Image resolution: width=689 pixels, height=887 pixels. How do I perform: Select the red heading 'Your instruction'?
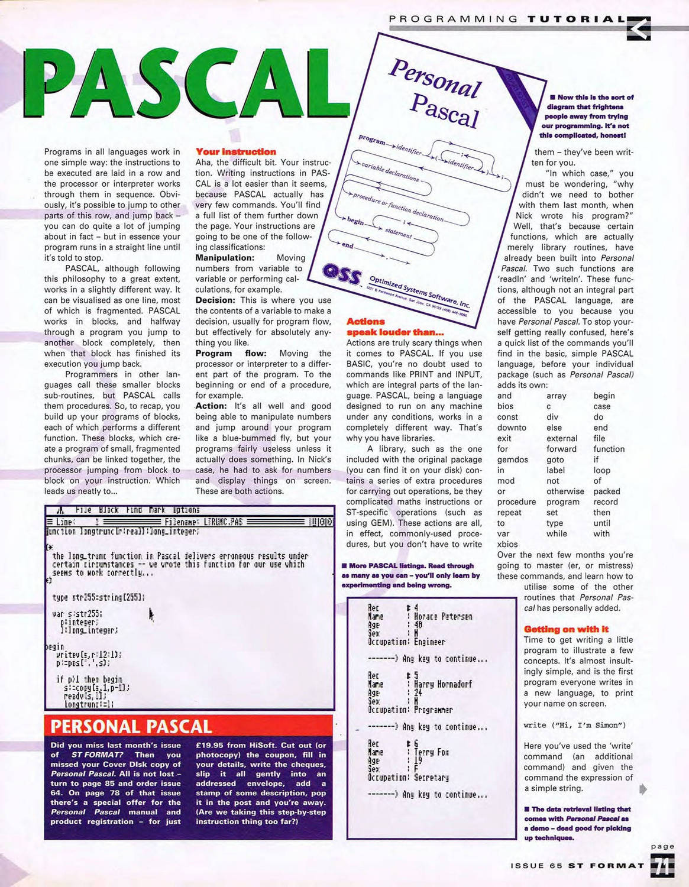(235, 152)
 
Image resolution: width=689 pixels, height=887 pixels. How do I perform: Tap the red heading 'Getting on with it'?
(566, 629)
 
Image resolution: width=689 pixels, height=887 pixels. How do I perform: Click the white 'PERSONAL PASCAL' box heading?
(131, 726)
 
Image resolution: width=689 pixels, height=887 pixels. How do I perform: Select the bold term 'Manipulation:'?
(225, 258)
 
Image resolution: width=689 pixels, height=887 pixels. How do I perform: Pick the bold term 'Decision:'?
(215, 300)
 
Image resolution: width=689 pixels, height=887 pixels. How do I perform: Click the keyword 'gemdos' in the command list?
(512, 459)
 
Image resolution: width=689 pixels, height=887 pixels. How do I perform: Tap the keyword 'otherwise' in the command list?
(565, 491)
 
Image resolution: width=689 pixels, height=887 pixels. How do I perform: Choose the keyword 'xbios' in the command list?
(507, 545)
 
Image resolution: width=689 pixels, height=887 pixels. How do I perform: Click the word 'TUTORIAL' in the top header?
(576, 19)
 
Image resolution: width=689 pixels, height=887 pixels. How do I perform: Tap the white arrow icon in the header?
(638, 28)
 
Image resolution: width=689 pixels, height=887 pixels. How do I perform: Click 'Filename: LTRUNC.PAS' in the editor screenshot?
(203, 522)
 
